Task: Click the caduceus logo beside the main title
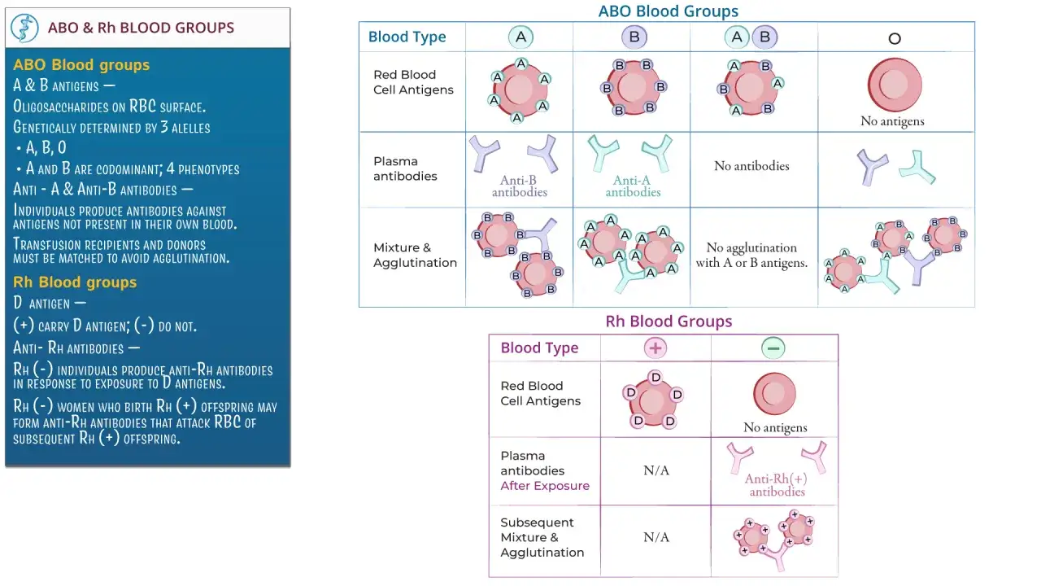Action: click(x=24, y=28)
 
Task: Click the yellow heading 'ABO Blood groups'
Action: click(x=81, y=64)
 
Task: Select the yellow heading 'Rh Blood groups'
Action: click(x=75, y=282)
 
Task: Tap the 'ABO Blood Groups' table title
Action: click(x=668, y=11)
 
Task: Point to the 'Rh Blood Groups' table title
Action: click(x=669, y=321)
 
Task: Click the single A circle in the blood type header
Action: click(x=520, y=37)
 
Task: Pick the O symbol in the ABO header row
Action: click(x=894, y=38)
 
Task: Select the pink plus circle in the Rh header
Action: click(x=656, y=348)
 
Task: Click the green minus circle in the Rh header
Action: click(x=773, y=348)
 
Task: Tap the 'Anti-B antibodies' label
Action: click(x=519, y=186)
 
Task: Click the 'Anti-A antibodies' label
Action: click(x=633, y=186)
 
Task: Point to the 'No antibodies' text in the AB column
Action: click(x=751, y=166)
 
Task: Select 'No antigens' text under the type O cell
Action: click(x=892, y=121)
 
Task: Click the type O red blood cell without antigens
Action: click(x=894, y=85)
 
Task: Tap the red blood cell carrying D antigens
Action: click(x=652, y=400)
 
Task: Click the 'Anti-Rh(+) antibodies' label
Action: click(x=776, y=485)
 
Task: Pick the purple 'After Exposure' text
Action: click(x=545, y=486)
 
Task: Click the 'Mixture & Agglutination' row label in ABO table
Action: click(x=415, y=255)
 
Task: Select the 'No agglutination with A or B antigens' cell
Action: click(x=751, y=255)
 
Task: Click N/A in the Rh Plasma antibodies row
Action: click(x=656, y=470)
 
